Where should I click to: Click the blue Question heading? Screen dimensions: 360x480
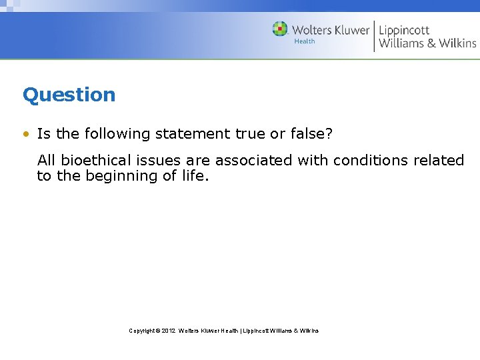click(x=69, y=95)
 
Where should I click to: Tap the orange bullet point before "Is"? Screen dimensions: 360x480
click(x=25, y=134)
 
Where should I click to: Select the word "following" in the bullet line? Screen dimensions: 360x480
click(x=117, y=134)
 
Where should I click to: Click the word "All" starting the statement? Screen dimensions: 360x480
click(x=47, y=161)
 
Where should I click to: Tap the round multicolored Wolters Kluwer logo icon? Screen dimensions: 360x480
click(x=280, y=29)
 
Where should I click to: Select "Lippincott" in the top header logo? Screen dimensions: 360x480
click(x=404, y=30)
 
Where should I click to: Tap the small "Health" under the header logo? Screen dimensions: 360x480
click(x=304, y=41)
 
